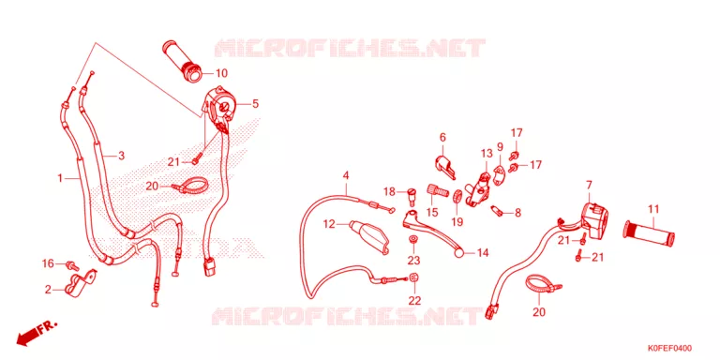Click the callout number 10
221,73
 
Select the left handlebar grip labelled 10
182,63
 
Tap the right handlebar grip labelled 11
650,232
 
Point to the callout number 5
255,104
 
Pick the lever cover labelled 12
368,236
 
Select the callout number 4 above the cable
346,175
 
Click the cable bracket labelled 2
80,284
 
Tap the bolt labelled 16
72,265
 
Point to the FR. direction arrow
36,333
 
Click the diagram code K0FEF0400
670,348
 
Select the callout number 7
589,185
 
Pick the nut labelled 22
413,277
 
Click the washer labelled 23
413,239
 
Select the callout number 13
487,153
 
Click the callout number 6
442,137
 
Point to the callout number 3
121,156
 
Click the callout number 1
60,178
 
